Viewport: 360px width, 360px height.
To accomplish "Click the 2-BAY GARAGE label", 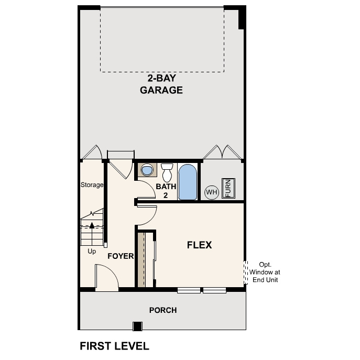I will pyautogui.click(x=161, y=84).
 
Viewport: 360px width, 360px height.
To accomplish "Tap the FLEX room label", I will pyautogui.click(x=199, y=245).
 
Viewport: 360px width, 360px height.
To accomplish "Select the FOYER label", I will pyautogui.click(x=121, y=256).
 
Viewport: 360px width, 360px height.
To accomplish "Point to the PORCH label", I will pyautogui.click(x=163, y=310).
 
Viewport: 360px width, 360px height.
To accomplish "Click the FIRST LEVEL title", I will pyautogui.click(x=114, y=346).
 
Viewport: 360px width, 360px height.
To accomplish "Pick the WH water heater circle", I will pyautogui.click(x=211, y=192).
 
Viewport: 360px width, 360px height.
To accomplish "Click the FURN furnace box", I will pyautogui.click(x=228, y=189).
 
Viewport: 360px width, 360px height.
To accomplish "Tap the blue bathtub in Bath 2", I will pyautogui.click(x=188, y=182).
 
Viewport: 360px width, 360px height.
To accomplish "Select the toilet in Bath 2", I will pyautogui.click(x=167, y=172).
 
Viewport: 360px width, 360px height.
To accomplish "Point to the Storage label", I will pyautogui.click(x=92, y=185).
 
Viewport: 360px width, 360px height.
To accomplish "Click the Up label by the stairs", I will pyautogui.click(x=92, y=251).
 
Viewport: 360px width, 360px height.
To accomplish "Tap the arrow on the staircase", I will pyautogui.click(x=92, y=225).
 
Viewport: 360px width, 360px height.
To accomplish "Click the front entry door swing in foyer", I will pyautogui.click(x=106, y=276).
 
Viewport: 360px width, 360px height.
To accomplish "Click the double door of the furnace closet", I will pyautogui.click(x=223, y=152).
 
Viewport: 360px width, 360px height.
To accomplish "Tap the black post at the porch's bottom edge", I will pyautogui.click(x=137, y=326).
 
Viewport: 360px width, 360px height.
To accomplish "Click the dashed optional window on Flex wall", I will pyautogui.click(x=245, y=272).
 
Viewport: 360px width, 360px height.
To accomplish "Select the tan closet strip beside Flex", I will pyautogui.click(x=140, y=259).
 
